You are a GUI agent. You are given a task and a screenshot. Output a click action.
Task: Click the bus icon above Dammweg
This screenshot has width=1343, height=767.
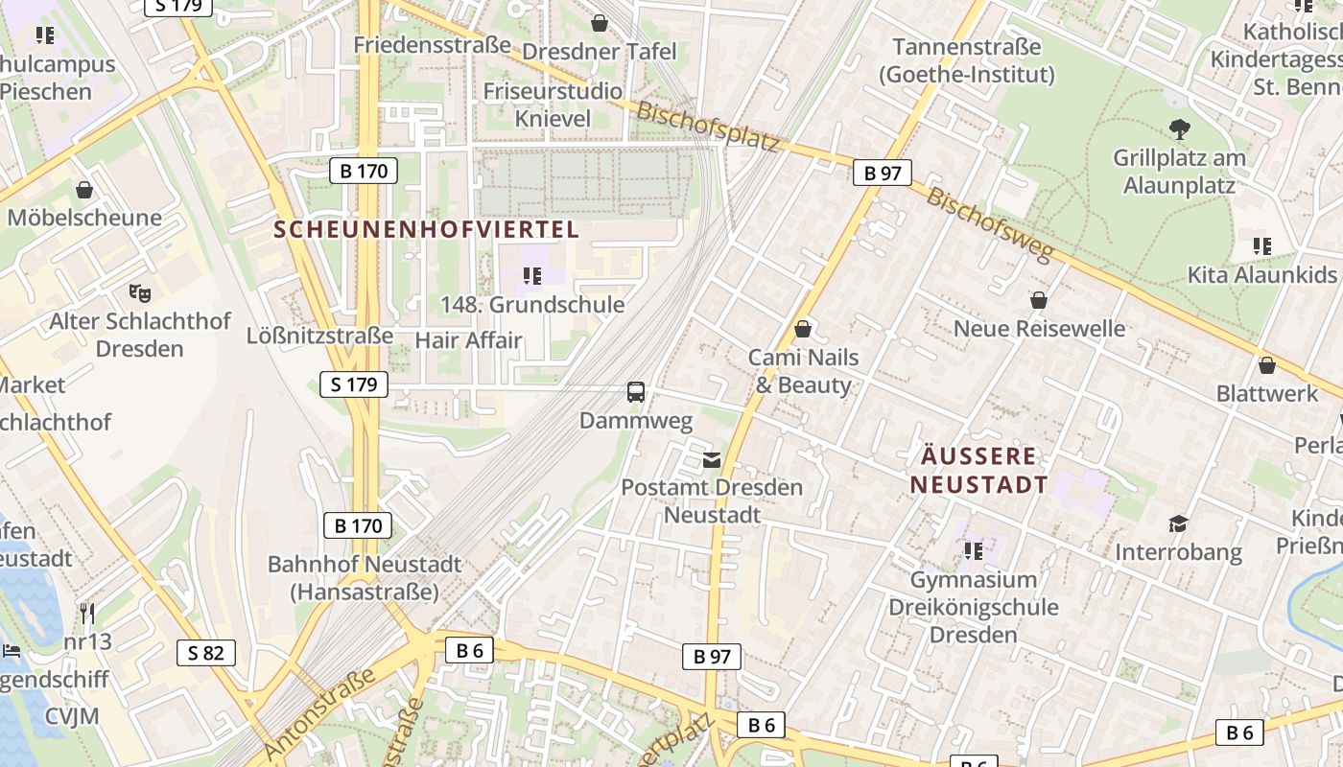636,391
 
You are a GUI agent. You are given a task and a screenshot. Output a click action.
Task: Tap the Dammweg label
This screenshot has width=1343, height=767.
636,421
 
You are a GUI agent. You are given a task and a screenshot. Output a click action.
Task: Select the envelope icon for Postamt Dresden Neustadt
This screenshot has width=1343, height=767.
711,460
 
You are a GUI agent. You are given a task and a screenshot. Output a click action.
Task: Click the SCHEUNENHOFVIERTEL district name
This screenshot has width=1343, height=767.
427,229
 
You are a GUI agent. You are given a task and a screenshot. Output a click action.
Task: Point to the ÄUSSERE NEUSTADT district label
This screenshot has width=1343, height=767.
978,470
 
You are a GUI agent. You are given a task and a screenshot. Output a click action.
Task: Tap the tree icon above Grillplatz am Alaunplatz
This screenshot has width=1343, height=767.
1179,128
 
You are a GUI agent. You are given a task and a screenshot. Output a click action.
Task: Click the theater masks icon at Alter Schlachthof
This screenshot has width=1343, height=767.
140,292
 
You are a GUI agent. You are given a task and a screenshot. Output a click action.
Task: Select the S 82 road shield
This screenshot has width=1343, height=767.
206,654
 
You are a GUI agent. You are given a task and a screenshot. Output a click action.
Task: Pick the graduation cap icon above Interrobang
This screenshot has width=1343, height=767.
1178,523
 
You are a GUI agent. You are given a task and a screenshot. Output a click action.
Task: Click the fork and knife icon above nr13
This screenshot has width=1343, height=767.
87,613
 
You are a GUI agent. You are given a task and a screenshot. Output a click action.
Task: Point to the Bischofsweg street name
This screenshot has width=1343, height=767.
990,224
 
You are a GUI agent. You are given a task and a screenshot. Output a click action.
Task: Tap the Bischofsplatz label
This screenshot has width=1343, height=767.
708,126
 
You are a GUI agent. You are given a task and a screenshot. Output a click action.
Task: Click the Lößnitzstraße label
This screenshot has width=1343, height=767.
319,336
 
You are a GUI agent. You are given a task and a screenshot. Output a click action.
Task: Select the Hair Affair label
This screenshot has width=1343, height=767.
468,340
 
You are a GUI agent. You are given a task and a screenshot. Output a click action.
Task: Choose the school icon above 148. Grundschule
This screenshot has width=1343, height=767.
531,277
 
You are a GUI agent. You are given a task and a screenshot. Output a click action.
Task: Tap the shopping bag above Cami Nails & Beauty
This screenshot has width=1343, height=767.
803,330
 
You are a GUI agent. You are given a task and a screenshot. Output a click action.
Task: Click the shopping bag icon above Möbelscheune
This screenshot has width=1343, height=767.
84,190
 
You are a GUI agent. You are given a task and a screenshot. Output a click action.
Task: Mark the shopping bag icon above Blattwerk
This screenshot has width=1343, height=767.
1266,365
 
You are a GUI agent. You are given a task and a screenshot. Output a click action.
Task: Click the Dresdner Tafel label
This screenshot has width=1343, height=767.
600,52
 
